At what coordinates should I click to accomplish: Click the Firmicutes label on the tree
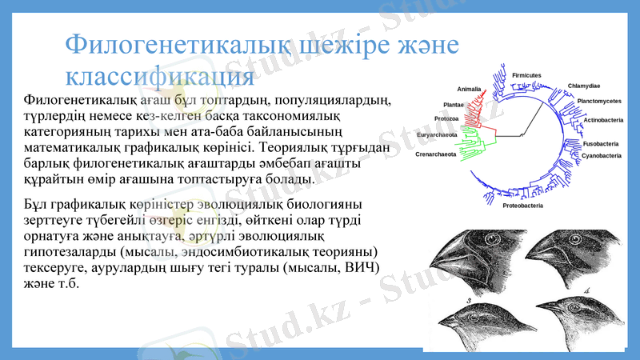tap(527, 74)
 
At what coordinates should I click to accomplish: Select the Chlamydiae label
tap(584, 86)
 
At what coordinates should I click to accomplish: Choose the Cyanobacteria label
tap(601, 155)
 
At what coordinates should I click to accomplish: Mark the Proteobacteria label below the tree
tap(522, 206)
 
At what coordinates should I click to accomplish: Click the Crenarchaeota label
tap(436, 154)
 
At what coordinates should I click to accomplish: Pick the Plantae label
tap(454, 104)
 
